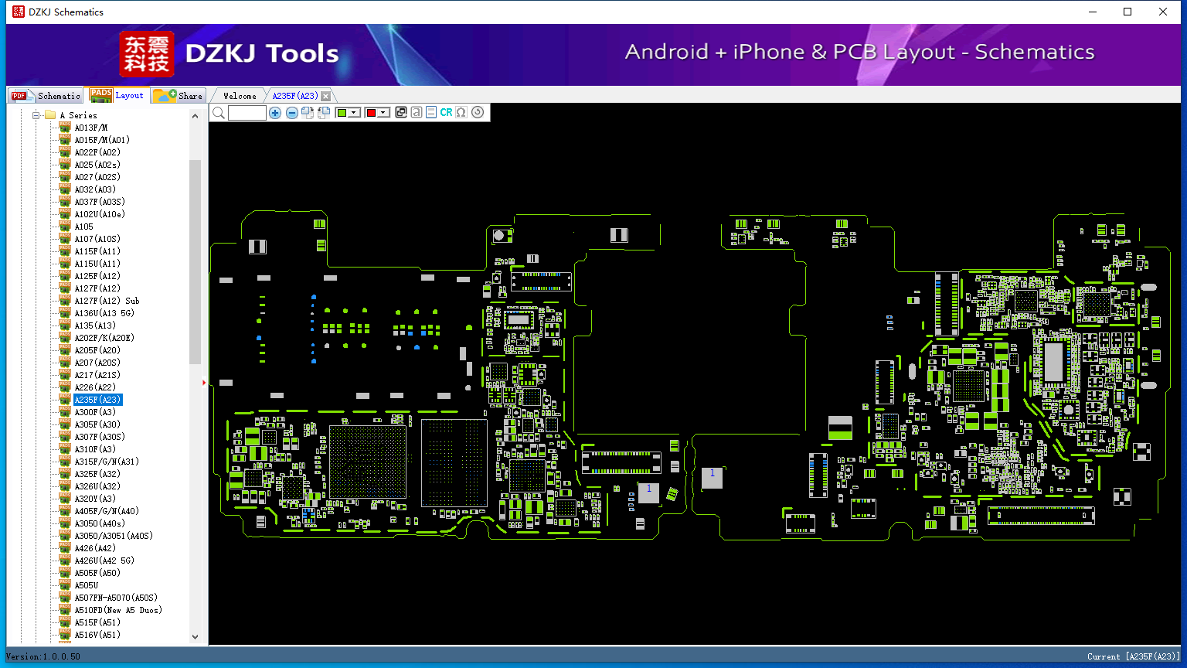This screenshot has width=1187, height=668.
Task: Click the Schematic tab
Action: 46,95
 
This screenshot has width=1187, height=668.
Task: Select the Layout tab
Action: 117,95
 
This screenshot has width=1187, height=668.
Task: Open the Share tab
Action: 178,95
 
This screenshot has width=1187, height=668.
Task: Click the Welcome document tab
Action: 240,96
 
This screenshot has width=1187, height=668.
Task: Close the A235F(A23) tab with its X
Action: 326,96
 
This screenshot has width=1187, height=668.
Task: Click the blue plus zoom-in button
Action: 274,112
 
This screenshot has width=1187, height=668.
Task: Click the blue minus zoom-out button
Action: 291,112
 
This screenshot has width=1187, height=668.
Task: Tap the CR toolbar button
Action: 446,112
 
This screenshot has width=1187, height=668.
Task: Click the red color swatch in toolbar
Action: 371,112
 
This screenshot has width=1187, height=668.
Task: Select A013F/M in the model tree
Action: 90,128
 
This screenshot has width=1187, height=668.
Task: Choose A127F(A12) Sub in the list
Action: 107,301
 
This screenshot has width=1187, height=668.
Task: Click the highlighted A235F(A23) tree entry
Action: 97,400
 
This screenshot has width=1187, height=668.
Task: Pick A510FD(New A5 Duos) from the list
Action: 118,610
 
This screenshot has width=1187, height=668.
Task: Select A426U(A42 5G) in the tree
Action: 104,561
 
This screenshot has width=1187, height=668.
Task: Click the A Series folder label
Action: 78,115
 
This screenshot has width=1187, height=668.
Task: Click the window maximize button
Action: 1127,12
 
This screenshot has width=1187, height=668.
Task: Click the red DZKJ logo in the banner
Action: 146,53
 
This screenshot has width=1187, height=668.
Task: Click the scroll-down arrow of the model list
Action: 195,637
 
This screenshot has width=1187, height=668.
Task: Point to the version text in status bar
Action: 43,656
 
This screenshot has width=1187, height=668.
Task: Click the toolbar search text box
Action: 247,112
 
